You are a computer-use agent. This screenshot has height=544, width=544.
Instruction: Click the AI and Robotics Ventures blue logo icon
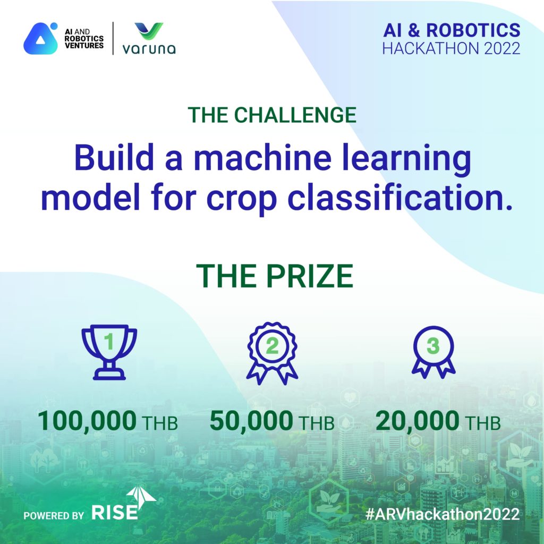40,38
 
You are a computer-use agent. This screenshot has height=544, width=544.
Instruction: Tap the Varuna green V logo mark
149,31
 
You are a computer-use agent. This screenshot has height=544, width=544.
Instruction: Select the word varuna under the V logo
149,49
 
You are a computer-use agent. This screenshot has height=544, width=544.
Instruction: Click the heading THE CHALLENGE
272,115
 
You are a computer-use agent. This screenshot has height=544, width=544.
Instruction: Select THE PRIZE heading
275,276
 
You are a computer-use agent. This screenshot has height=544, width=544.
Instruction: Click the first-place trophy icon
109,352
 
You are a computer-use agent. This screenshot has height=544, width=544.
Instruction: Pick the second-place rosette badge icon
272,353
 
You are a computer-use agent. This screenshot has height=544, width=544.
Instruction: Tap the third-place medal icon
433,352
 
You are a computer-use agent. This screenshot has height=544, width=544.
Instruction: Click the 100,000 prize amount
87,421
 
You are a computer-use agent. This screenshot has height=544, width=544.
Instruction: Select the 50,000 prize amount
251,421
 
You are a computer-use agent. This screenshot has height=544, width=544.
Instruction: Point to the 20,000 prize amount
418,421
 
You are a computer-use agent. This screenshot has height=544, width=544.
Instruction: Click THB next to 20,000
482,423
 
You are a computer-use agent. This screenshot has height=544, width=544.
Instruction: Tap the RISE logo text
115,513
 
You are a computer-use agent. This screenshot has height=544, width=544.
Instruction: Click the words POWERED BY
54,515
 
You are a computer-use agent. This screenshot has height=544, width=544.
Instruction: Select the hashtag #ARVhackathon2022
443,514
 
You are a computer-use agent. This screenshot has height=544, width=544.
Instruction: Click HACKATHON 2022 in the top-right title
451,48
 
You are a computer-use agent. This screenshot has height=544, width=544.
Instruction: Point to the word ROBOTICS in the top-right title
473,30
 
